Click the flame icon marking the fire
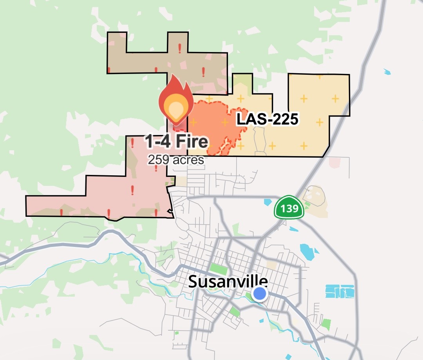(x=175, y=103)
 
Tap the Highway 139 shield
(x=289, y=207)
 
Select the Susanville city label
(x=228, y=281)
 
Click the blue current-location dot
(x=259, y=293)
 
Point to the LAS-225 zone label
(x=267, y=119)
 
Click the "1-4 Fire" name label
(x=176, y=141)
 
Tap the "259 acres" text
(x=175, y=160)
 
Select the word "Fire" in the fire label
(x=192, y=141)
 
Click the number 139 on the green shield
(x=289, y=209)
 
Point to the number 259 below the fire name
(x=157, y=160)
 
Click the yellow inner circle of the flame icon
(x=175, y=107)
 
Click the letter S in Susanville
(x=193, y=281)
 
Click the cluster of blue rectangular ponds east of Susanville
(x=340, y=291)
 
